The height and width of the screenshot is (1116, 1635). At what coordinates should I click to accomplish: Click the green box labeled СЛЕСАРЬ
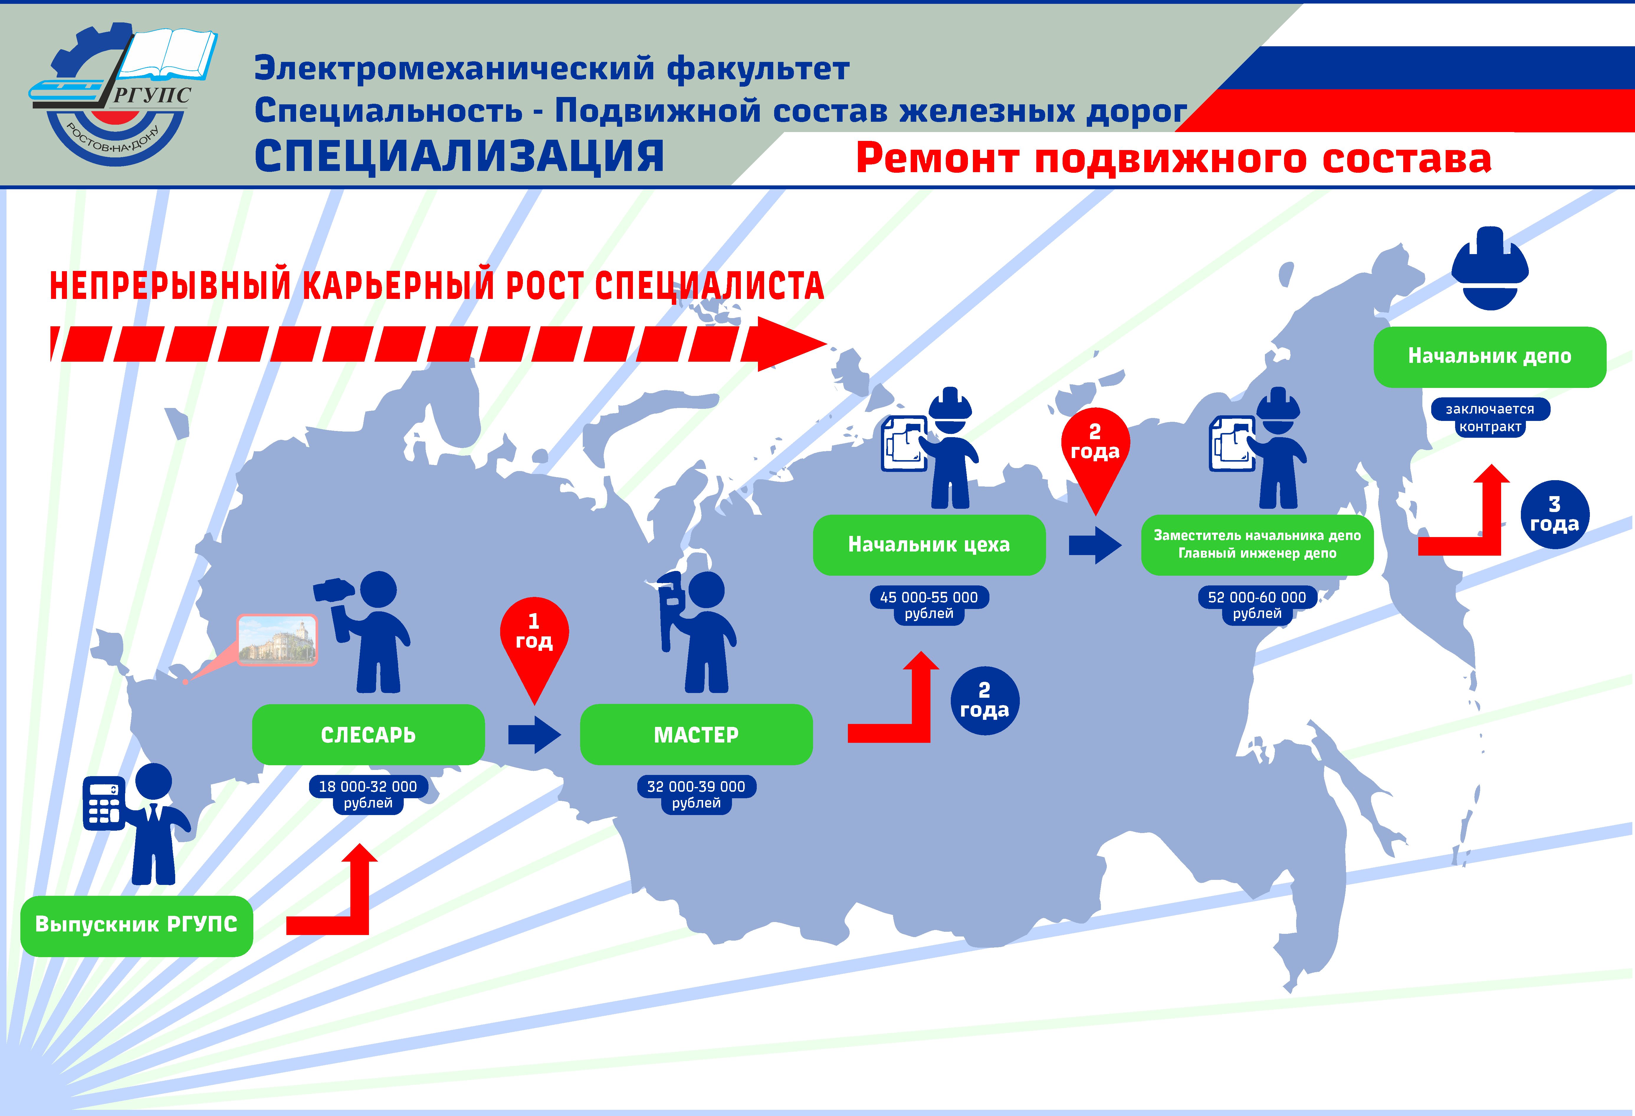368,734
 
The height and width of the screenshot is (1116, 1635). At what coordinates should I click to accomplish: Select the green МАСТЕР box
696,734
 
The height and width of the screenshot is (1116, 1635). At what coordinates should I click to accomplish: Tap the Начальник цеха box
929,544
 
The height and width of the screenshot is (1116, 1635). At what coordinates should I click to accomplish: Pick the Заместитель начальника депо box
1257,544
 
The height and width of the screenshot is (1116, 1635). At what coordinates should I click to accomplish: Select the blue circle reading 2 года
984,700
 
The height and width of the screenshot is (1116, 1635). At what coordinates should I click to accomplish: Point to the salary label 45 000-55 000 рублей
929,605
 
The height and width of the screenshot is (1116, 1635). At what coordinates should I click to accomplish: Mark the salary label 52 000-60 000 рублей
1257,605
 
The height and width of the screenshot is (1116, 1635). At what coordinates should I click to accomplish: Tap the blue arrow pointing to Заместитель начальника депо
1095,544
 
